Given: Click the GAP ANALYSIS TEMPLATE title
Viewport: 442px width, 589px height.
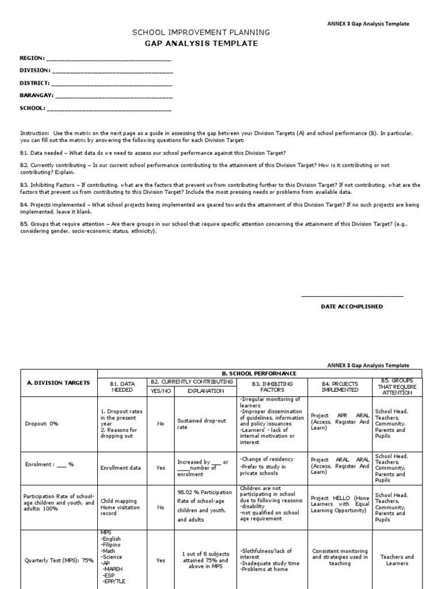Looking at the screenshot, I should (201, 43).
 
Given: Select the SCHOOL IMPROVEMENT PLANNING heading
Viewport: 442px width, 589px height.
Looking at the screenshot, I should (201, 33).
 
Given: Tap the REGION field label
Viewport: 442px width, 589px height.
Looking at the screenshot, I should (32, 58).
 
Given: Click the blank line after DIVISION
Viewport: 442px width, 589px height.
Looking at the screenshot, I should (112, 71).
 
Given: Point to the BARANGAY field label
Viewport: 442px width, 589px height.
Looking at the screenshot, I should (37, 95).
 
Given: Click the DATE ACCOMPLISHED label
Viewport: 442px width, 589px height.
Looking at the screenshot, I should (352, 307).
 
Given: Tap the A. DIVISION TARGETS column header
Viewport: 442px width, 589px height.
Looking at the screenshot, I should (58, 383).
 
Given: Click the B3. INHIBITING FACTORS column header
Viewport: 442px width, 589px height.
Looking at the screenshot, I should (273, 387).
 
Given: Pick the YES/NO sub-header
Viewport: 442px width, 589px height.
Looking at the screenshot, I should (161, 391).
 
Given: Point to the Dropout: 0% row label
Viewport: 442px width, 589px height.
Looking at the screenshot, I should (41, 423).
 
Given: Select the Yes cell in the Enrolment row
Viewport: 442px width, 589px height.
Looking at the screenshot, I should (161, 468).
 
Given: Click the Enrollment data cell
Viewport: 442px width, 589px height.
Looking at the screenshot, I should (120, 468).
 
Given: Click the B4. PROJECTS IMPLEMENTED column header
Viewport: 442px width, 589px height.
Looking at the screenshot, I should (340, 387).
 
